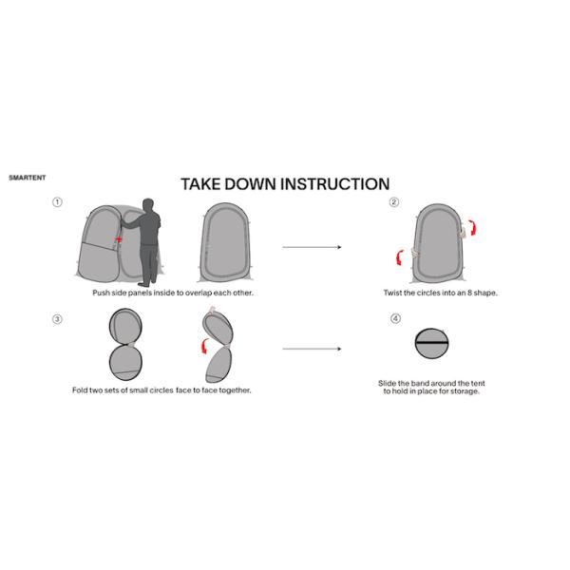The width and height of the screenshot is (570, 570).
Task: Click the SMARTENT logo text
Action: coord(28,178)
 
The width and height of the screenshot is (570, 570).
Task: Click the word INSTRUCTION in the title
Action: coord(334,184)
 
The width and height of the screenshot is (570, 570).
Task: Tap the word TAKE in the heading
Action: coord(200,184)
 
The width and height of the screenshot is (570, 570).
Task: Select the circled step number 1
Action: coord(57,202)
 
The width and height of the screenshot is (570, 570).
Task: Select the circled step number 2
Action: coord(394,202)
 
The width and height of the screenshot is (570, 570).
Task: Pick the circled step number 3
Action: coord(57,319)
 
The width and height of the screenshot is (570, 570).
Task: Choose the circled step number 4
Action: coord(395,319)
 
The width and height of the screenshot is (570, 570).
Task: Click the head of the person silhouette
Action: coord(148,204)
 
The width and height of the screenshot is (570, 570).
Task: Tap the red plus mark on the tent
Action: coord(119,239)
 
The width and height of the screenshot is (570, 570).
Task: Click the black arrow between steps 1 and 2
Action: coord(312,247)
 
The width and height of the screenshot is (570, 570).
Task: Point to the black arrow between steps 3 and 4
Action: coord(312,349)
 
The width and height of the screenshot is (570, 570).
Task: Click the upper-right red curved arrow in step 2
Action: coord(472,227)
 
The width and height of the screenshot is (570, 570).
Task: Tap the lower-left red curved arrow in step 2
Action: coord(400,257)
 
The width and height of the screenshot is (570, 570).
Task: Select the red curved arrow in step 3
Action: coord(205,346)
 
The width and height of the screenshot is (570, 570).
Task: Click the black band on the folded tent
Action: coord(432,343)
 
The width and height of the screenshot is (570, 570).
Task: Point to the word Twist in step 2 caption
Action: coord(392,293)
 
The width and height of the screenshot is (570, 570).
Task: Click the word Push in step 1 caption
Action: coord(101,293)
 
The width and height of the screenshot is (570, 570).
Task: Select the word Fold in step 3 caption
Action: coord(80,390)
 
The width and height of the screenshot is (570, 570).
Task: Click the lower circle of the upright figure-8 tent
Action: coord(125,363)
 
